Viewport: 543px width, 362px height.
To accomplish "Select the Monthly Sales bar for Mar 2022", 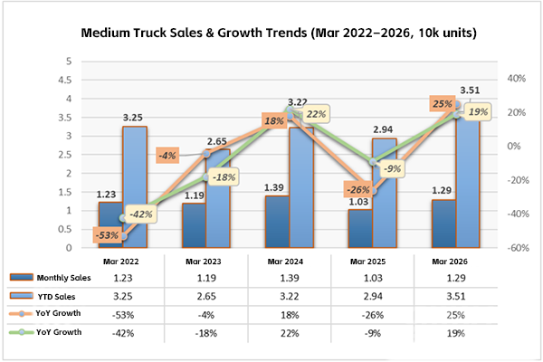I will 110,224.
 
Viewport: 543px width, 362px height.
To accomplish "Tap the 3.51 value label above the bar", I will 469,90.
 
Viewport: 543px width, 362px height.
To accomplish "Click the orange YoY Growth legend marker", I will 23,314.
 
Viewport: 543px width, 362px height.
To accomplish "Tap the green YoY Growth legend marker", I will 23,332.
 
